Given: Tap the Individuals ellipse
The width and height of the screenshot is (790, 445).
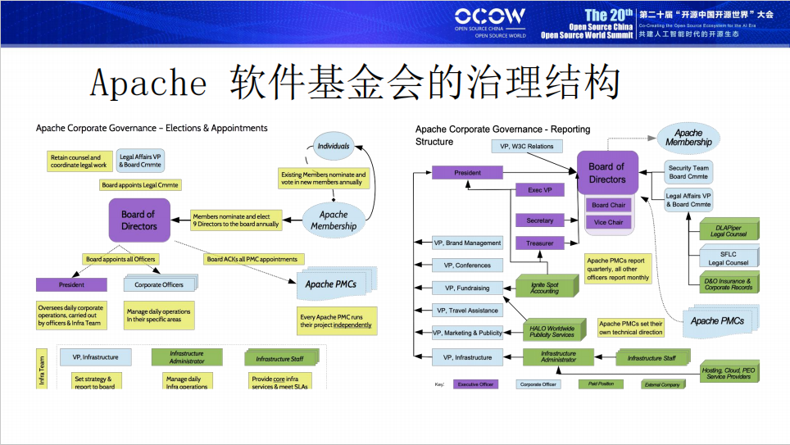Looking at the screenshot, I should pos(333,147).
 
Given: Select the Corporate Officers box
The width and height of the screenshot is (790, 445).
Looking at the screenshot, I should pos(159,285).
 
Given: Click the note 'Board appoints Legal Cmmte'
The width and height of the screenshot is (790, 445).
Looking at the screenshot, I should pos(140,185).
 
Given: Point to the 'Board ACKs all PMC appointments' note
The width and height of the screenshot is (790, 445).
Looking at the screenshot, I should pos(252,259).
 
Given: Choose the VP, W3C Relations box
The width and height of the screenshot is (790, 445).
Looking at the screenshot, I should pos(527,147).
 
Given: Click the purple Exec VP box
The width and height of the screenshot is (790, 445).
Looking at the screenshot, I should pos(540,190).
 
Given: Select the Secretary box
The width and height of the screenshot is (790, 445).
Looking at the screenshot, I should pos(540,220).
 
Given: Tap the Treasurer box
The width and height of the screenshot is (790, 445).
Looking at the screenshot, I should pos(540,243).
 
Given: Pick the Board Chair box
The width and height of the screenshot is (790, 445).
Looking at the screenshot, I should pos(607,205).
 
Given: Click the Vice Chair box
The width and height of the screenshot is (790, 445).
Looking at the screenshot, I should pos(607,222).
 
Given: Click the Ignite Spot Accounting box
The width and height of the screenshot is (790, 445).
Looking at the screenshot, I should pos(544,287).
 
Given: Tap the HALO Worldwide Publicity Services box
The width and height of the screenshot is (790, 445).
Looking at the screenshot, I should pos(552,332).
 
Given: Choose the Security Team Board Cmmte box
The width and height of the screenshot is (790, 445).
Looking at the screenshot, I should pos(689,171).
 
